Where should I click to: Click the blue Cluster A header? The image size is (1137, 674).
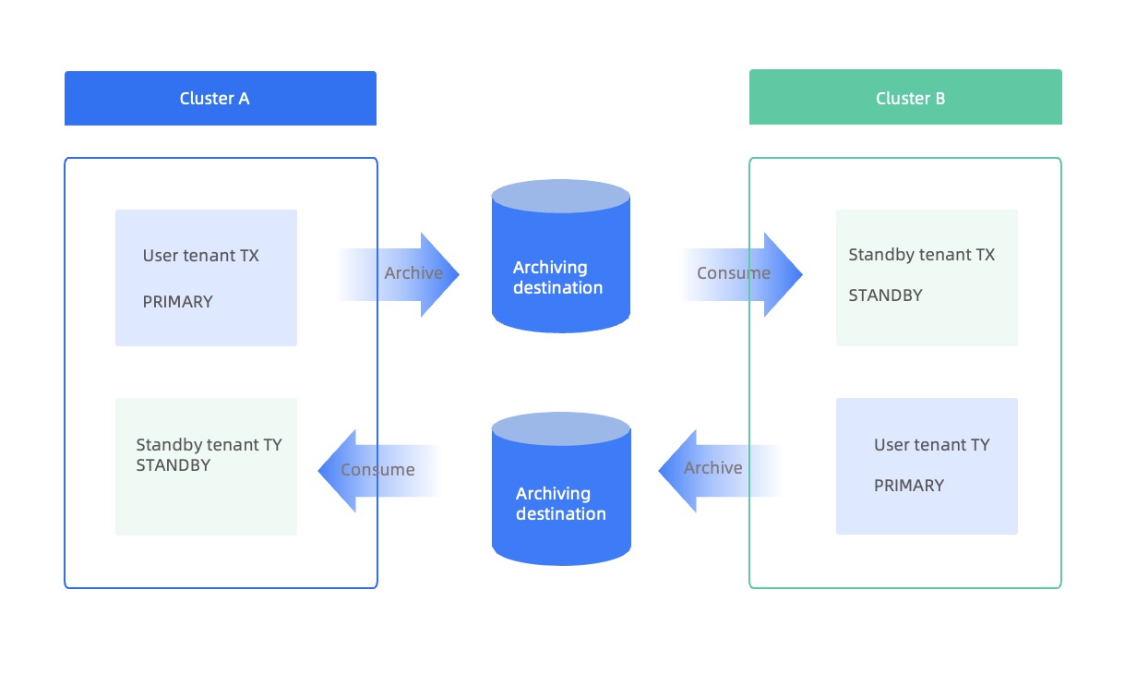point(220,98)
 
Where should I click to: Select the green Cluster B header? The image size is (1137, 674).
point(905,98)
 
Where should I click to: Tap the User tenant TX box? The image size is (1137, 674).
point(206,278)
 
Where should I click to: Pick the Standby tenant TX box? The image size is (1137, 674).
point(927,278)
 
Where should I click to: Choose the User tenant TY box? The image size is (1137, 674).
point(927,466)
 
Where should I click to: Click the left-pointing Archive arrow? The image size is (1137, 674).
point(711,469)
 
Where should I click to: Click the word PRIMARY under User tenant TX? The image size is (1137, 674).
point(177,302)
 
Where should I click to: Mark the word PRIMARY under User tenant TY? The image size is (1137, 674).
point(908,486)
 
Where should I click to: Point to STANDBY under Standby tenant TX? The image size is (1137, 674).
point(885,295)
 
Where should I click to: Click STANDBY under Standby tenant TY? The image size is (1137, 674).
point(173,465)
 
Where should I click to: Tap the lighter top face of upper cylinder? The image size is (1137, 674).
point(560,197)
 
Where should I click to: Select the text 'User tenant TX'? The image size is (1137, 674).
point(200,256)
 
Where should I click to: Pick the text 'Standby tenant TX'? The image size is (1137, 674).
point(921,255)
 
